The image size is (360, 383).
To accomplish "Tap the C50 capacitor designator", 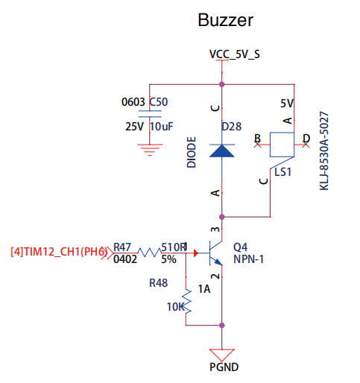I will coord(159,102).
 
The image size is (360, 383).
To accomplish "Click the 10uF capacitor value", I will coord(161,126).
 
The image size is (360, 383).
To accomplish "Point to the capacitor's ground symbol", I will coord(151,148).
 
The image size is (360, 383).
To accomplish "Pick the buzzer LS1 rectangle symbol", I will coord(282,143).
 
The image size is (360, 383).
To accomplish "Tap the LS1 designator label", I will coord(282,172).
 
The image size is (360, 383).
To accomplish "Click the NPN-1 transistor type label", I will coord(248,261).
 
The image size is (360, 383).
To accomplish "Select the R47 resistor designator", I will coord(122,247).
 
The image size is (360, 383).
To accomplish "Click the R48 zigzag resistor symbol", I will coord(187,299).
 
